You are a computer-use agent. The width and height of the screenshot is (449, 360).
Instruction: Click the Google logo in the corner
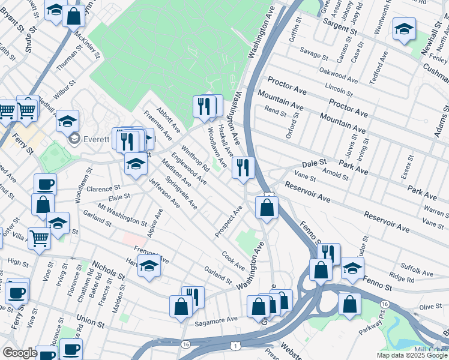[20, 353]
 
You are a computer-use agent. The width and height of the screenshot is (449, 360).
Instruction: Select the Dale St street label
[313, 163]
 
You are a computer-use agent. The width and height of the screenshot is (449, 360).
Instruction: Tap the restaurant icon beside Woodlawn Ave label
[243, 167]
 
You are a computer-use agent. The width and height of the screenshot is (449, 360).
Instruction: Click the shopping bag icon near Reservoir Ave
[267, 208]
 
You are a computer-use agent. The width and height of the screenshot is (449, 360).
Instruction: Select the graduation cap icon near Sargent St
[404, 28]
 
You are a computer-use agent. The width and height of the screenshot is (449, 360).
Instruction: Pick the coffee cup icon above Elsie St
[45, 184]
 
